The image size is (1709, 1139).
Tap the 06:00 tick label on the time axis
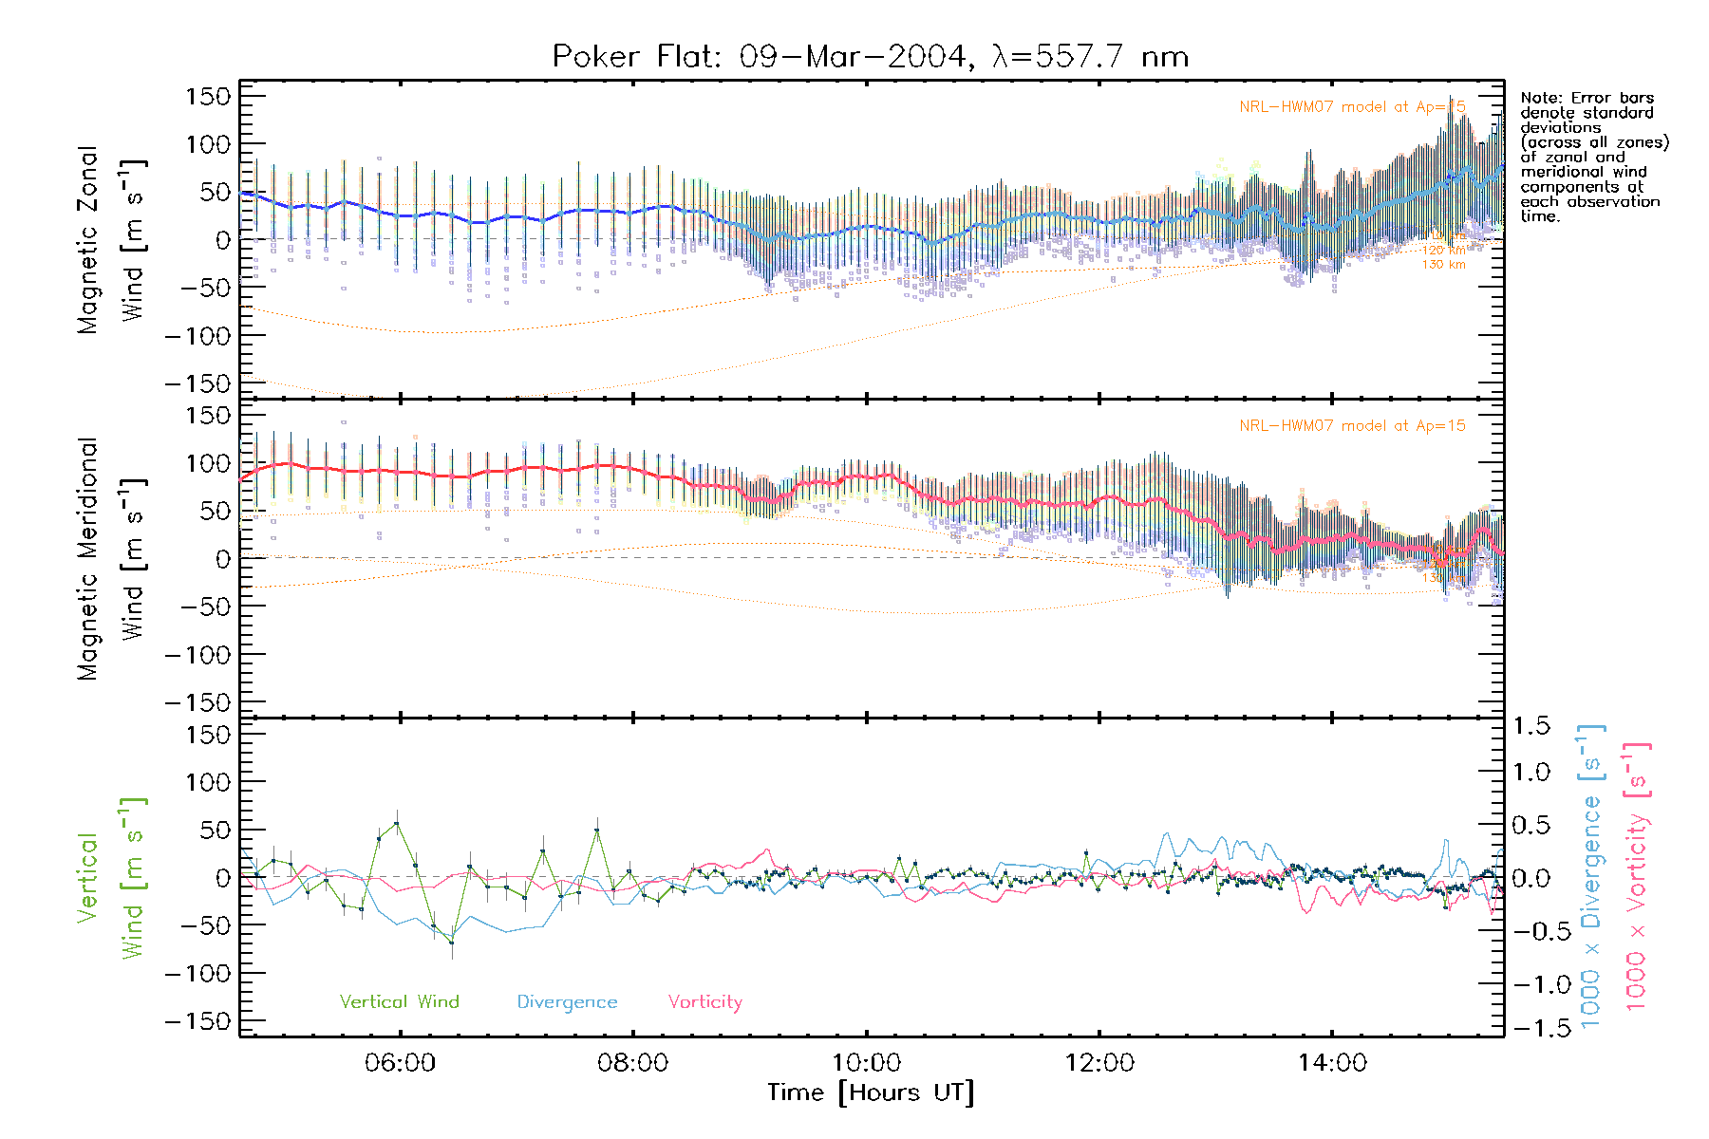pyautogui.click(x=400, y=1062)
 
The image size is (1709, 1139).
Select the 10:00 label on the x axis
pyautogui.click(x=866, y=1062)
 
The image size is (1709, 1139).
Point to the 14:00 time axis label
pyautogui.click(x=1332, y=1062)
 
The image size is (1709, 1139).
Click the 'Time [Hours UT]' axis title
pyautogui.click(x=871, y=1092)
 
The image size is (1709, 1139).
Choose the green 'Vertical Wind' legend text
pyautogui.click(x=399, y=1001)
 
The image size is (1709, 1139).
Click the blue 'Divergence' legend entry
pyautogui.click(x=567, y=1002)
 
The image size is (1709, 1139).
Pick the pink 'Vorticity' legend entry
pyautogui.click(x=704, y=1002)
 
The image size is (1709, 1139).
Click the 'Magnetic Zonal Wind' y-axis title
pyautogui.click(x=109, y=239)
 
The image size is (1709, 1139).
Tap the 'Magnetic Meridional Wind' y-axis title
pyautogui.click(x=109, y=559)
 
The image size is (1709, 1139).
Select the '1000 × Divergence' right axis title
pyautogui.click(x=1591, y=876)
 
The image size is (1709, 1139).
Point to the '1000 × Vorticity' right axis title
pyautogui.click(x=1637, y=876)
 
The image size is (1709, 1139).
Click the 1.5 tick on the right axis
pyautogui.click(x=1531, y=726)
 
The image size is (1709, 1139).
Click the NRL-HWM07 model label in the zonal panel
pyautogui.click(x=1351, y=107)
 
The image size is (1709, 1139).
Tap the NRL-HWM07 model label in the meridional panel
pyautogui.click(x=1351, y=426)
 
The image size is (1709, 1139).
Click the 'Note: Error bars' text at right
pyautogui.click(x=1587, y=98)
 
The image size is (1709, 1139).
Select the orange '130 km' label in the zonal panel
pyautogui.click(x=1443, y=265)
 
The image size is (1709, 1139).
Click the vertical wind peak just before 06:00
pyautogui.click(x=396, y=823)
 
